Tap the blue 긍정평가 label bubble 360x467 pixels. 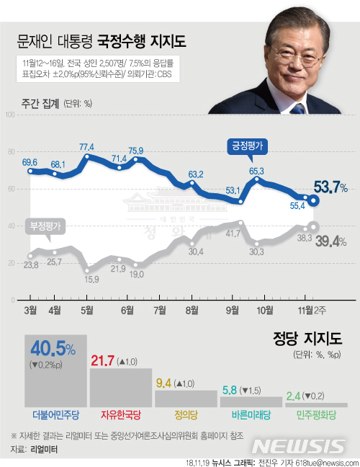click(246, 145)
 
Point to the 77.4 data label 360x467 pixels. click(87, 146)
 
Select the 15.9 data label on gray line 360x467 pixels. click(91, 279)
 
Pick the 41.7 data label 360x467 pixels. click(233, 233)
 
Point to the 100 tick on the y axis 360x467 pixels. click(11, 114)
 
